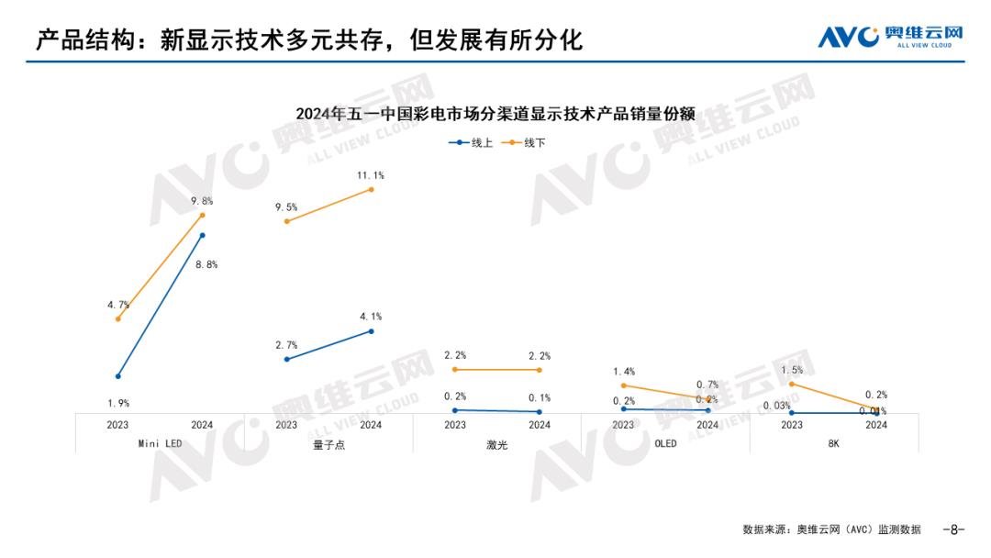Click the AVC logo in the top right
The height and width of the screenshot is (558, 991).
click(890, 36)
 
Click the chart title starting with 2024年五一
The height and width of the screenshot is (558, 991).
click(495, 115)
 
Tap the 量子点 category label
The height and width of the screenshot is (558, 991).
click(328, 444)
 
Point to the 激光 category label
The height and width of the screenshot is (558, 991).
click(496, 444)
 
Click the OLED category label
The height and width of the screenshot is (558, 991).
click(664, 444)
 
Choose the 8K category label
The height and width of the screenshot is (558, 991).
click(833, 444)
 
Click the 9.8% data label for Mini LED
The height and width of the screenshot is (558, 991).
click(203, 201)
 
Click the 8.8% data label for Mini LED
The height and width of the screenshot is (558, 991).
click(206, 264)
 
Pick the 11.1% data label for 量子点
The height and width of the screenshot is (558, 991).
click(371, 175)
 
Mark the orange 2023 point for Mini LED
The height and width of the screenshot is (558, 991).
click(118, 318)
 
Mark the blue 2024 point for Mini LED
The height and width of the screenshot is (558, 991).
click(202, 235)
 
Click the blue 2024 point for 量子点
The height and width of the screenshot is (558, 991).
click(371, 330)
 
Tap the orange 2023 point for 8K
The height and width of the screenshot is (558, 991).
click(791, 384)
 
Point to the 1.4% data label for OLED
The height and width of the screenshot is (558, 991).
click(624, 372)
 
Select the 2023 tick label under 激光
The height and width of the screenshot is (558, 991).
click(454, 425)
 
